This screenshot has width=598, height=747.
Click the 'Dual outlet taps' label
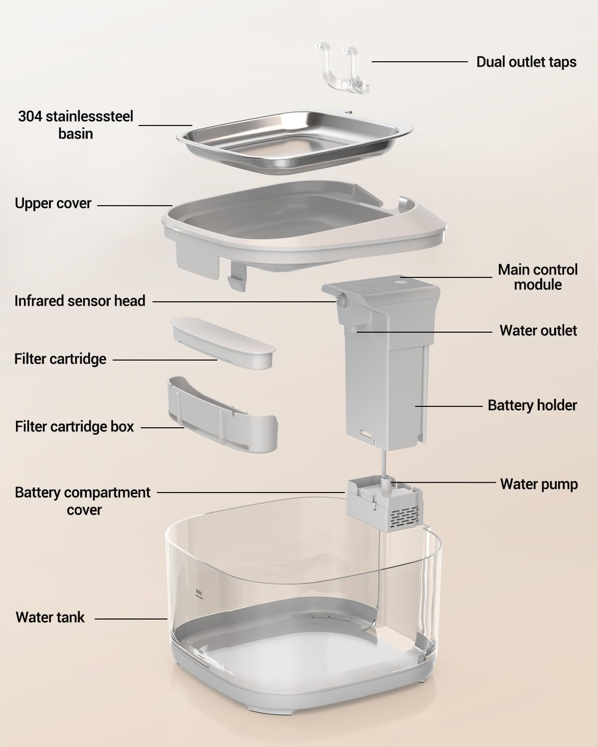point(526,62)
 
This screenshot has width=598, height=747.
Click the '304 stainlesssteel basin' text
point(75,125)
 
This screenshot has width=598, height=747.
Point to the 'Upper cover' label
point(53,203)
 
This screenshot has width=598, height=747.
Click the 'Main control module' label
point(538,277)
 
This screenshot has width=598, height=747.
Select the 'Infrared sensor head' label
point(80,301)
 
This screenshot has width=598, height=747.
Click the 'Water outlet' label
point(538,331)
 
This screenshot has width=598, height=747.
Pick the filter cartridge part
point(223,342)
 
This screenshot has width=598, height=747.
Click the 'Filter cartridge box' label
point(74,427)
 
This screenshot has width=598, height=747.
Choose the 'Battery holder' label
point(532,405)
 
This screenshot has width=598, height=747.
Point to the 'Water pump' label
point(539,484)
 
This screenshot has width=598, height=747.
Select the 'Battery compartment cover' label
point(83,501)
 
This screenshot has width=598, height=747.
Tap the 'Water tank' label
point(50,618)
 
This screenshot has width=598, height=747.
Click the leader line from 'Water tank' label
point(131,619)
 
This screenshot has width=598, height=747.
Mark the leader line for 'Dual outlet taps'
point(420,62)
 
